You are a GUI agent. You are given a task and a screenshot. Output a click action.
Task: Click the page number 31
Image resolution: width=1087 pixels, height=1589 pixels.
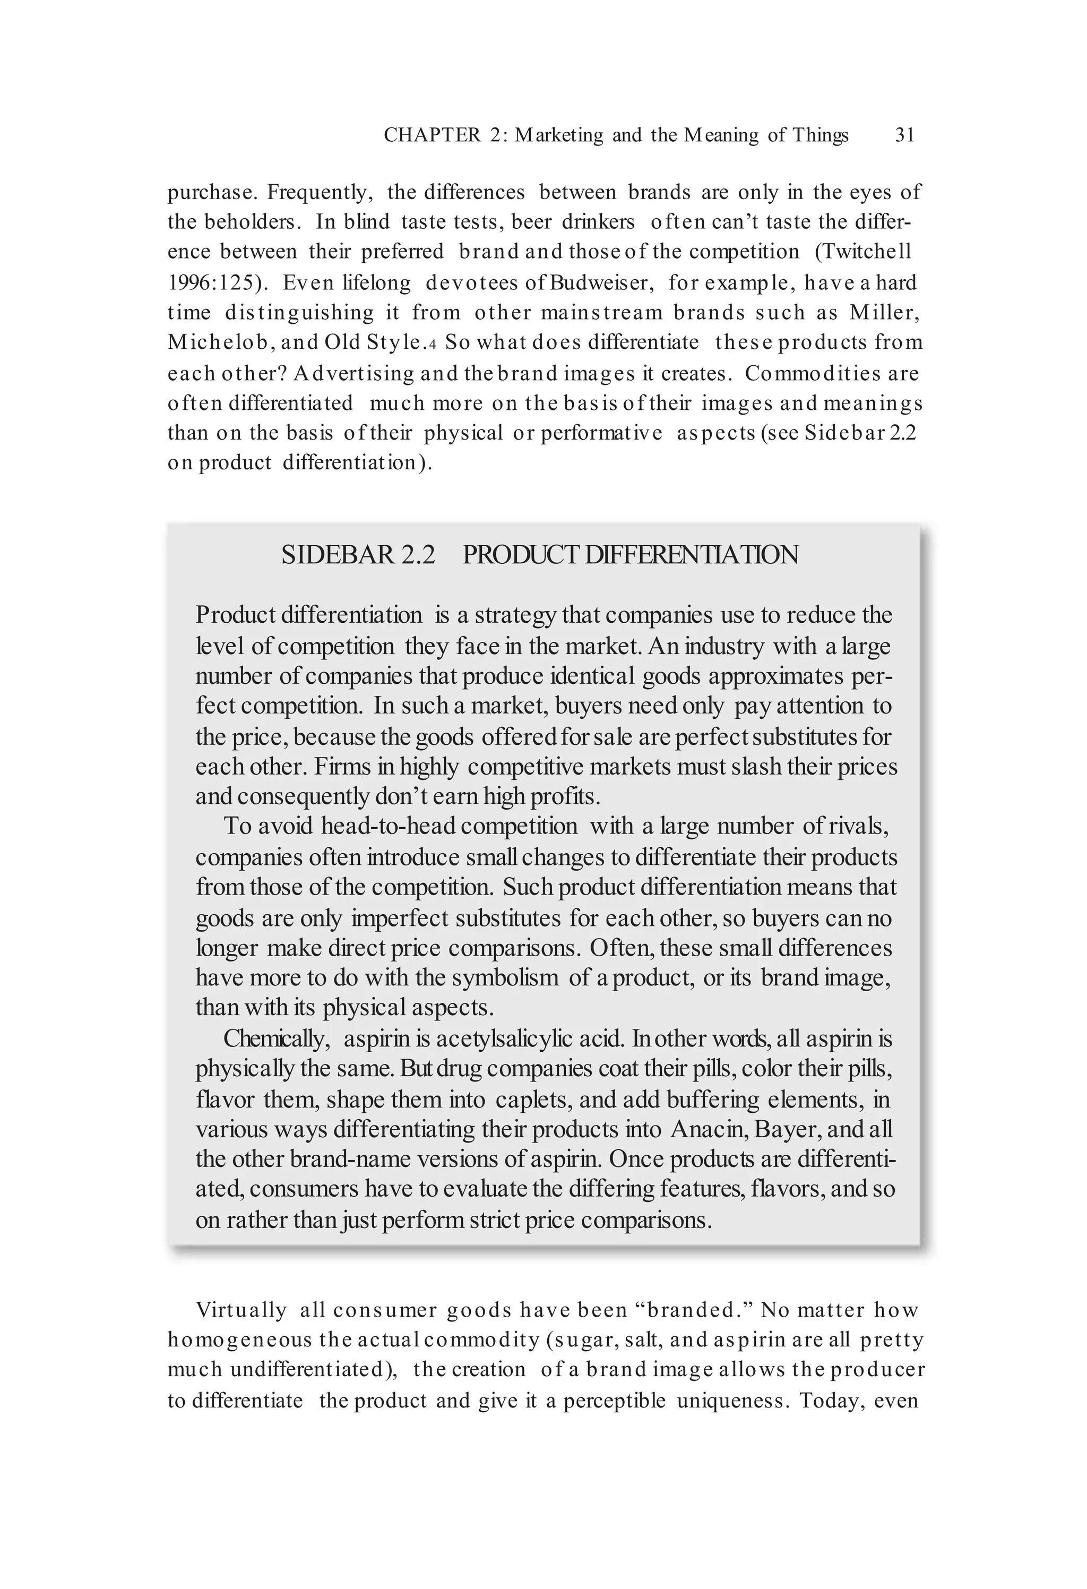(x=904, y=135)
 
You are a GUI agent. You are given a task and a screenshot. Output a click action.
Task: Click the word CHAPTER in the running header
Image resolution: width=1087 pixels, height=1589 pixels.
(x=432, y=135)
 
